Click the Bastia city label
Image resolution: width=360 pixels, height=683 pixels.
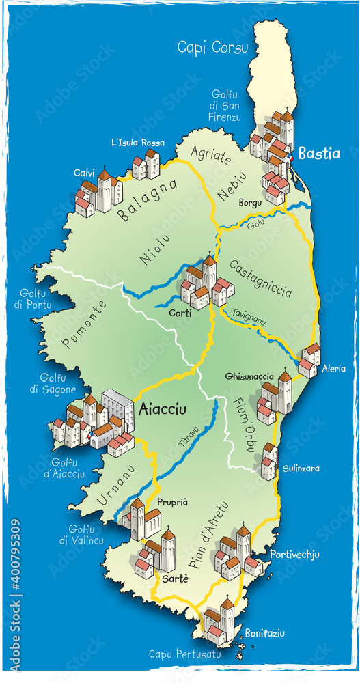tap(318, 154)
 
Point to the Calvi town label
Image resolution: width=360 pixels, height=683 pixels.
tap(84, 173)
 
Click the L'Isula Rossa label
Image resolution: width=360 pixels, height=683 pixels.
tap(138, 143)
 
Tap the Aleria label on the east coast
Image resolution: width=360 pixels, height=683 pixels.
tap(333, 368)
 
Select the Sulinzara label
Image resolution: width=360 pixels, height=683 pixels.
tap(301, 469)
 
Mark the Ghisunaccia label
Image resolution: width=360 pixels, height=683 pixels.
tap(249, 376)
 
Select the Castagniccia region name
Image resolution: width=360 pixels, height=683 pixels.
tap(260, 278)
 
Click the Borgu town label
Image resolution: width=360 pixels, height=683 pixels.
tap(251, 203)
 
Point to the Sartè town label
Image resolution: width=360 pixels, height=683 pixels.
tap(174, 578)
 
